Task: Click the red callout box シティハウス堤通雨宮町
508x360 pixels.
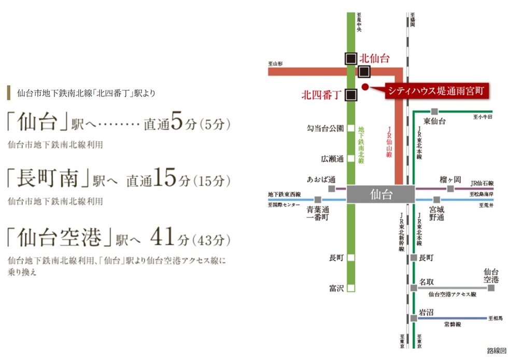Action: pos(437,90)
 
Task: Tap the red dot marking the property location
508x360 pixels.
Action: pos(365,87)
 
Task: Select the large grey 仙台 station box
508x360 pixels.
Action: pos(380,195)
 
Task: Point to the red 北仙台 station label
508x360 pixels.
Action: pos(374,59)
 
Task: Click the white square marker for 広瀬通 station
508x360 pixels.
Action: pos(351,158)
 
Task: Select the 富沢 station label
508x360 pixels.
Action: pos(336,288)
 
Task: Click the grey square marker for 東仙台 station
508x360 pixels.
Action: pos(434,111)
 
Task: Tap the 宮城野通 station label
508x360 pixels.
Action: pos(436,214)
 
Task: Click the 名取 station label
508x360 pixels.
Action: pos(426,282)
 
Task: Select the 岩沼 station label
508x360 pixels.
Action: pos(426,312)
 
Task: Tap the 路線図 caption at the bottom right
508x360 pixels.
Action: pos(496,351)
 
